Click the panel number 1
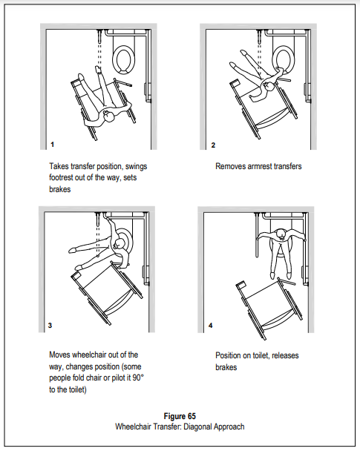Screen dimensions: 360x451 click(x=52, y=145)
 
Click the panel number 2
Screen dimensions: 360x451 click(x=213, y=145)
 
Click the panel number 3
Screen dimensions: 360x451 click(x=50, y=326)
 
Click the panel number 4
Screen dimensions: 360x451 click(x=210, y=326)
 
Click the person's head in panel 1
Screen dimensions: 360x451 click(x=109, y=117)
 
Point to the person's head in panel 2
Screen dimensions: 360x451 click(x=269, y=86)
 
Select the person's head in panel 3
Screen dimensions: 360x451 click(x=119, y=245)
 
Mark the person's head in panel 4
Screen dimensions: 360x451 click(x=281, y=234)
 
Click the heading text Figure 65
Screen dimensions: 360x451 click(x=180, y=416)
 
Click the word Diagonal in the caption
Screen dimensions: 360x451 click(x=197, y=427)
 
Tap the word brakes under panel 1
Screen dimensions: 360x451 click(x=60, y=189)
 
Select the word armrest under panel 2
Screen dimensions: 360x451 click(x=260, y=166)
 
